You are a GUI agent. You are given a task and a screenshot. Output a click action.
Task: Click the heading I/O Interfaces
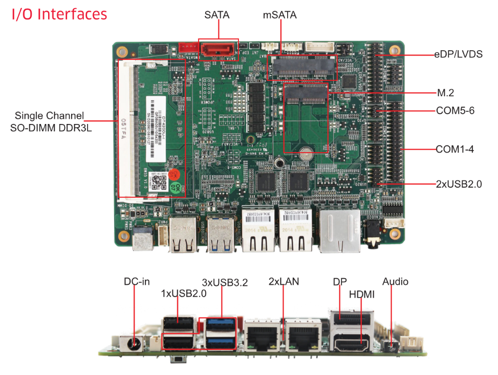point(59,14)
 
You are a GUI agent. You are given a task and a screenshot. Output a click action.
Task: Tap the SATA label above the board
point(216,15)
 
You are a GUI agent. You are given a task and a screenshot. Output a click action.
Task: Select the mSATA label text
point(279,15)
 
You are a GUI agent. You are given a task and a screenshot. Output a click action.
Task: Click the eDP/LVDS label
point(458,54)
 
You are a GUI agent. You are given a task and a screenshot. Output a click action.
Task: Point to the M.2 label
point(445,93)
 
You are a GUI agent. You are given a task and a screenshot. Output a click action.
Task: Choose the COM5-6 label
point(456,110)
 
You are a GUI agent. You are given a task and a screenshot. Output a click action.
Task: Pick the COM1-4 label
point(454,150)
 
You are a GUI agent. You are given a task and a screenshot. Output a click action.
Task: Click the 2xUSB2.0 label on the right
point(459,184)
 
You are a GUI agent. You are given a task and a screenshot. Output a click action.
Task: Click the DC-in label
point(137,281)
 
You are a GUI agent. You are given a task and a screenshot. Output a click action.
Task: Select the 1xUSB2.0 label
point(184,294)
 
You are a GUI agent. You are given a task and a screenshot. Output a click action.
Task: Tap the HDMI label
point(362,295)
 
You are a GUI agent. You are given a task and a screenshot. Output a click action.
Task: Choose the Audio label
point(395,281)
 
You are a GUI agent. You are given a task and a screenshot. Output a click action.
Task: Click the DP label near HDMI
point(340,282)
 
